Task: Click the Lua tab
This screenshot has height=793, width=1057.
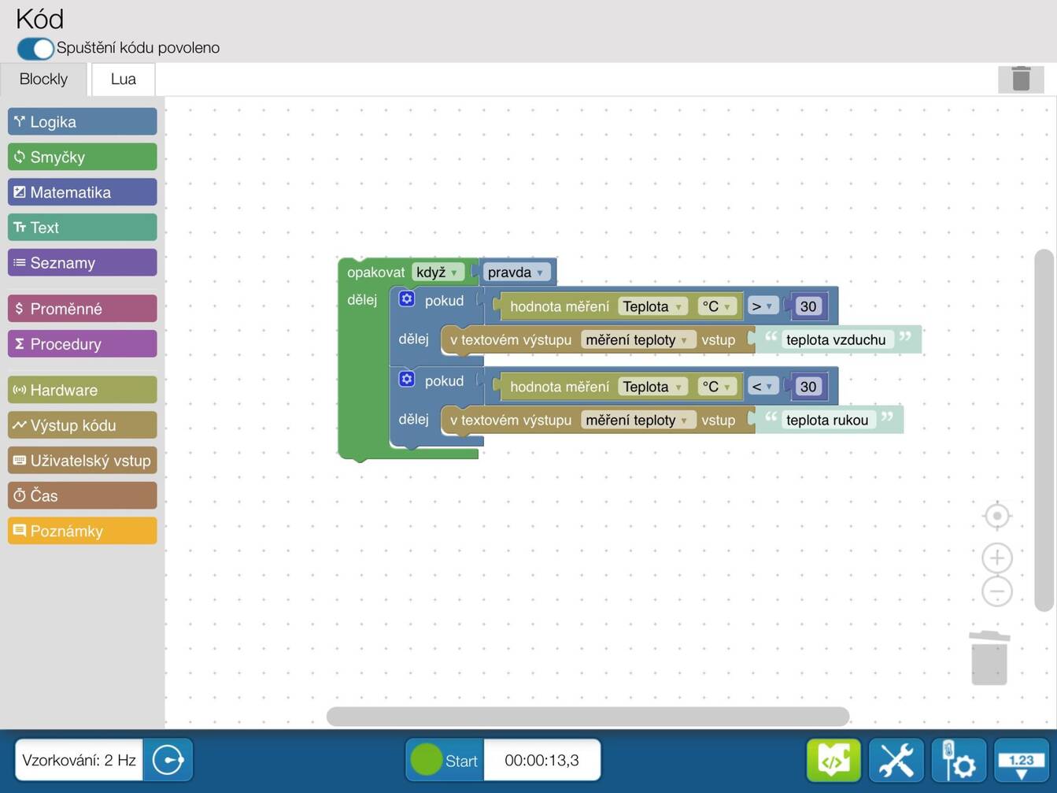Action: [124, 79]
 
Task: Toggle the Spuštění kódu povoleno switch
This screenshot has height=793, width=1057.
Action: [35, 49]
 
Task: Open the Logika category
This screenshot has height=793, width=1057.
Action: [83, 121]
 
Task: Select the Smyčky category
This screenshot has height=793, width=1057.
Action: [83, 157]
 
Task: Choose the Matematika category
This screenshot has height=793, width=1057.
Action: [83, 191]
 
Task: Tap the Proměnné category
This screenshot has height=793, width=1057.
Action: [83, 309]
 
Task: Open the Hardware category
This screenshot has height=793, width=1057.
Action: [83, 390]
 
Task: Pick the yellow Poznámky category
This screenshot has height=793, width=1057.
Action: [83, 531]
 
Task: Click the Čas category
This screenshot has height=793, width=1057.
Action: [83, 495]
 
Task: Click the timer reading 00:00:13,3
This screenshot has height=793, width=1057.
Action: [541, 760]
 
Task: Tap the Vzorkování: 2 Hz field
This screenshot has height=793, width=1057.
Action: [79, 760]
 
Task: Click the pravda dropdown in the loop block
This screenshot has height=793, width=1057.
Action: [516, 272]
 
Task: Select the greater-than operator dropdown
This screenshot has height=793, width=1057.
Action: [763, 306]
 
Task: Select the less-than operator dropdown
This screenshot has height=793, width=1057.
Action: [763, 387]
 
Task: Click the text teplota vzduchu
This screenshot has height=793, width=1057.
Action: [836, 339]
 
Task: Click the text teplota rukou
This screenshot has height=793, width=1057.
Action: [827, 420]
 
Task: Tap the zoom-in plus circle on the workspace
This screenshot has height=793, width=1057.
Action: [997, 558]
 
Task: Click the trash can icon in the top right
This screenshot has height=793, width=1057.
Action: [1021, 79]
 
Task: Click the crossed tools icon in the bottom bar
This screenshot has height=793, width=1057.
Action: [896, 760]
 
